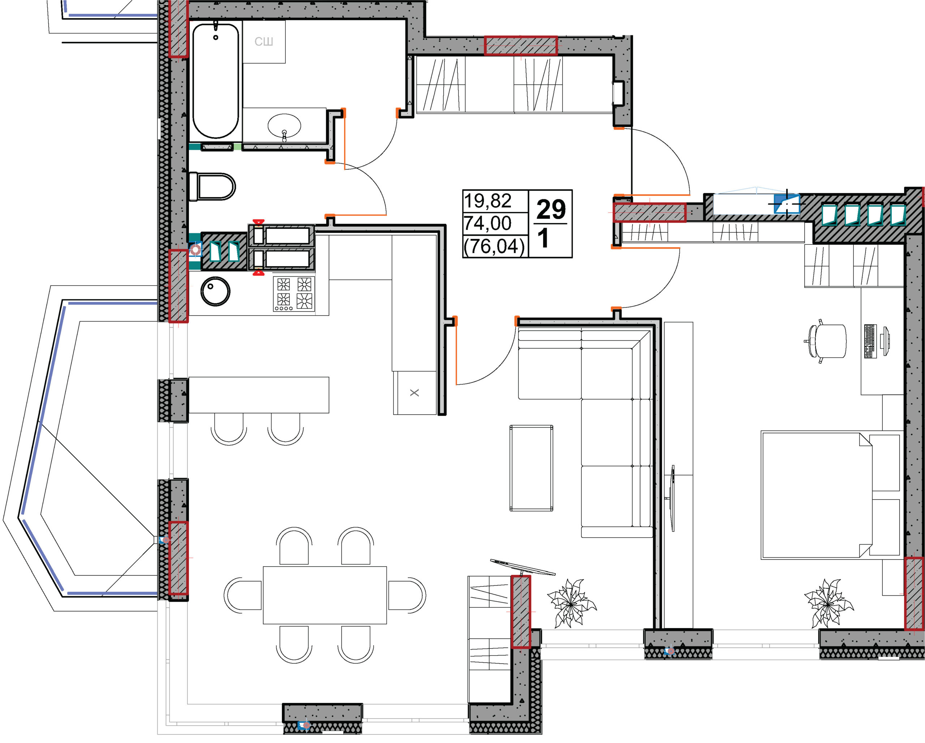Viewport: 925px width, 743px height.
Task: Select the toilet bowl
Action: click(212, 186)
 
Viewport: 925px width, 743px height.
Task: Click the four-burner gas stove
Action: click(294, 294)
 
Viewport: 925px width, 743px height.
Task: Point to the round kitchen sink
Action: click(215, 291)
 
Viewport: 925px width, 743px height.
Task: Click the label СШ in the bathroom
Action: click(263, 42)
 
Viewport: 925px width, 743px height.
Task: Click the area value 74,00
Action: click(487, 223)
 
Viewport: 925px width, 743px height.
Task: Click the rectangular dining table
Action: click(325, 595)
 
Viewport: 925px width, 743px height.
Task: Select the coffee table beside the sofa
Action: click(531, 468)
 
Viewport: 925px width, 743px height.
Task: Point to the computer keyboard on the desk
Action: click(870, 341)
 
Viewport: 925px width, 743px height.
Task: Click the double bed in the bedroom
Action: click(830, 495)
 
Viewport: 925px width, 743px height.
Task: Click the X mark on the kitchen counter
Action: click(414, 392)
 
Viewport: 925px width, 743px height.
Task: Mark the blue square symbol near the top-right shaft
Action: click(786, 204)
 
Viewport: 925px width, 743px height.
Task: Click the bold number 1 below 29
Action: click(543, 238)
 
